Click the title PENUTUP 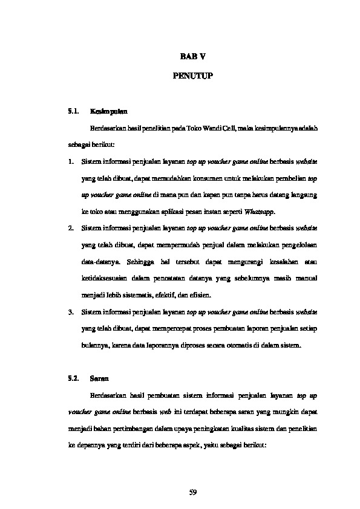pyautogui.click(x=192, y=77)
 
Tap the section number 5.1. pyautogui.click(x=74, y=112)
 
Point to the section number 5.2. pyautogui.click(x=74, y=378)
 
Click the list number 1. pyautogui.click(x=71, y=162)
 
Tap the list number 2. pyautogui.click(x=71, y=229)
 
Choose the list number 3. pyautogui.click(x=71, y=312)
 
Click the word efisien pyautogui.click(x=200, y=295)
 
